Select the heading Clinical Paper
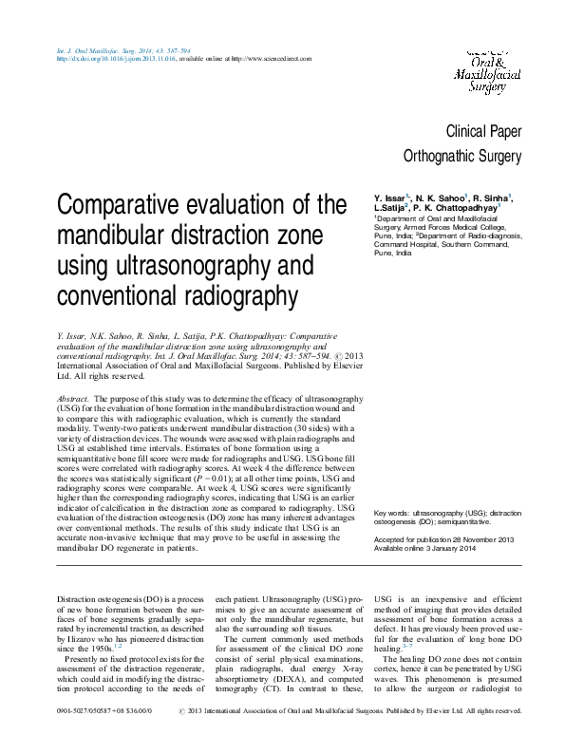(x=483, y=131)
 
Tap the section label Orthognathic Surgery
(x=462, y=156)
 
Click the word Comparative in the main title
(x=124, y=205)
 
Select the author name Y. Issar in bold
(x=391, y=197)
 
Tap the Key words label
(x=394, y=512)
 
